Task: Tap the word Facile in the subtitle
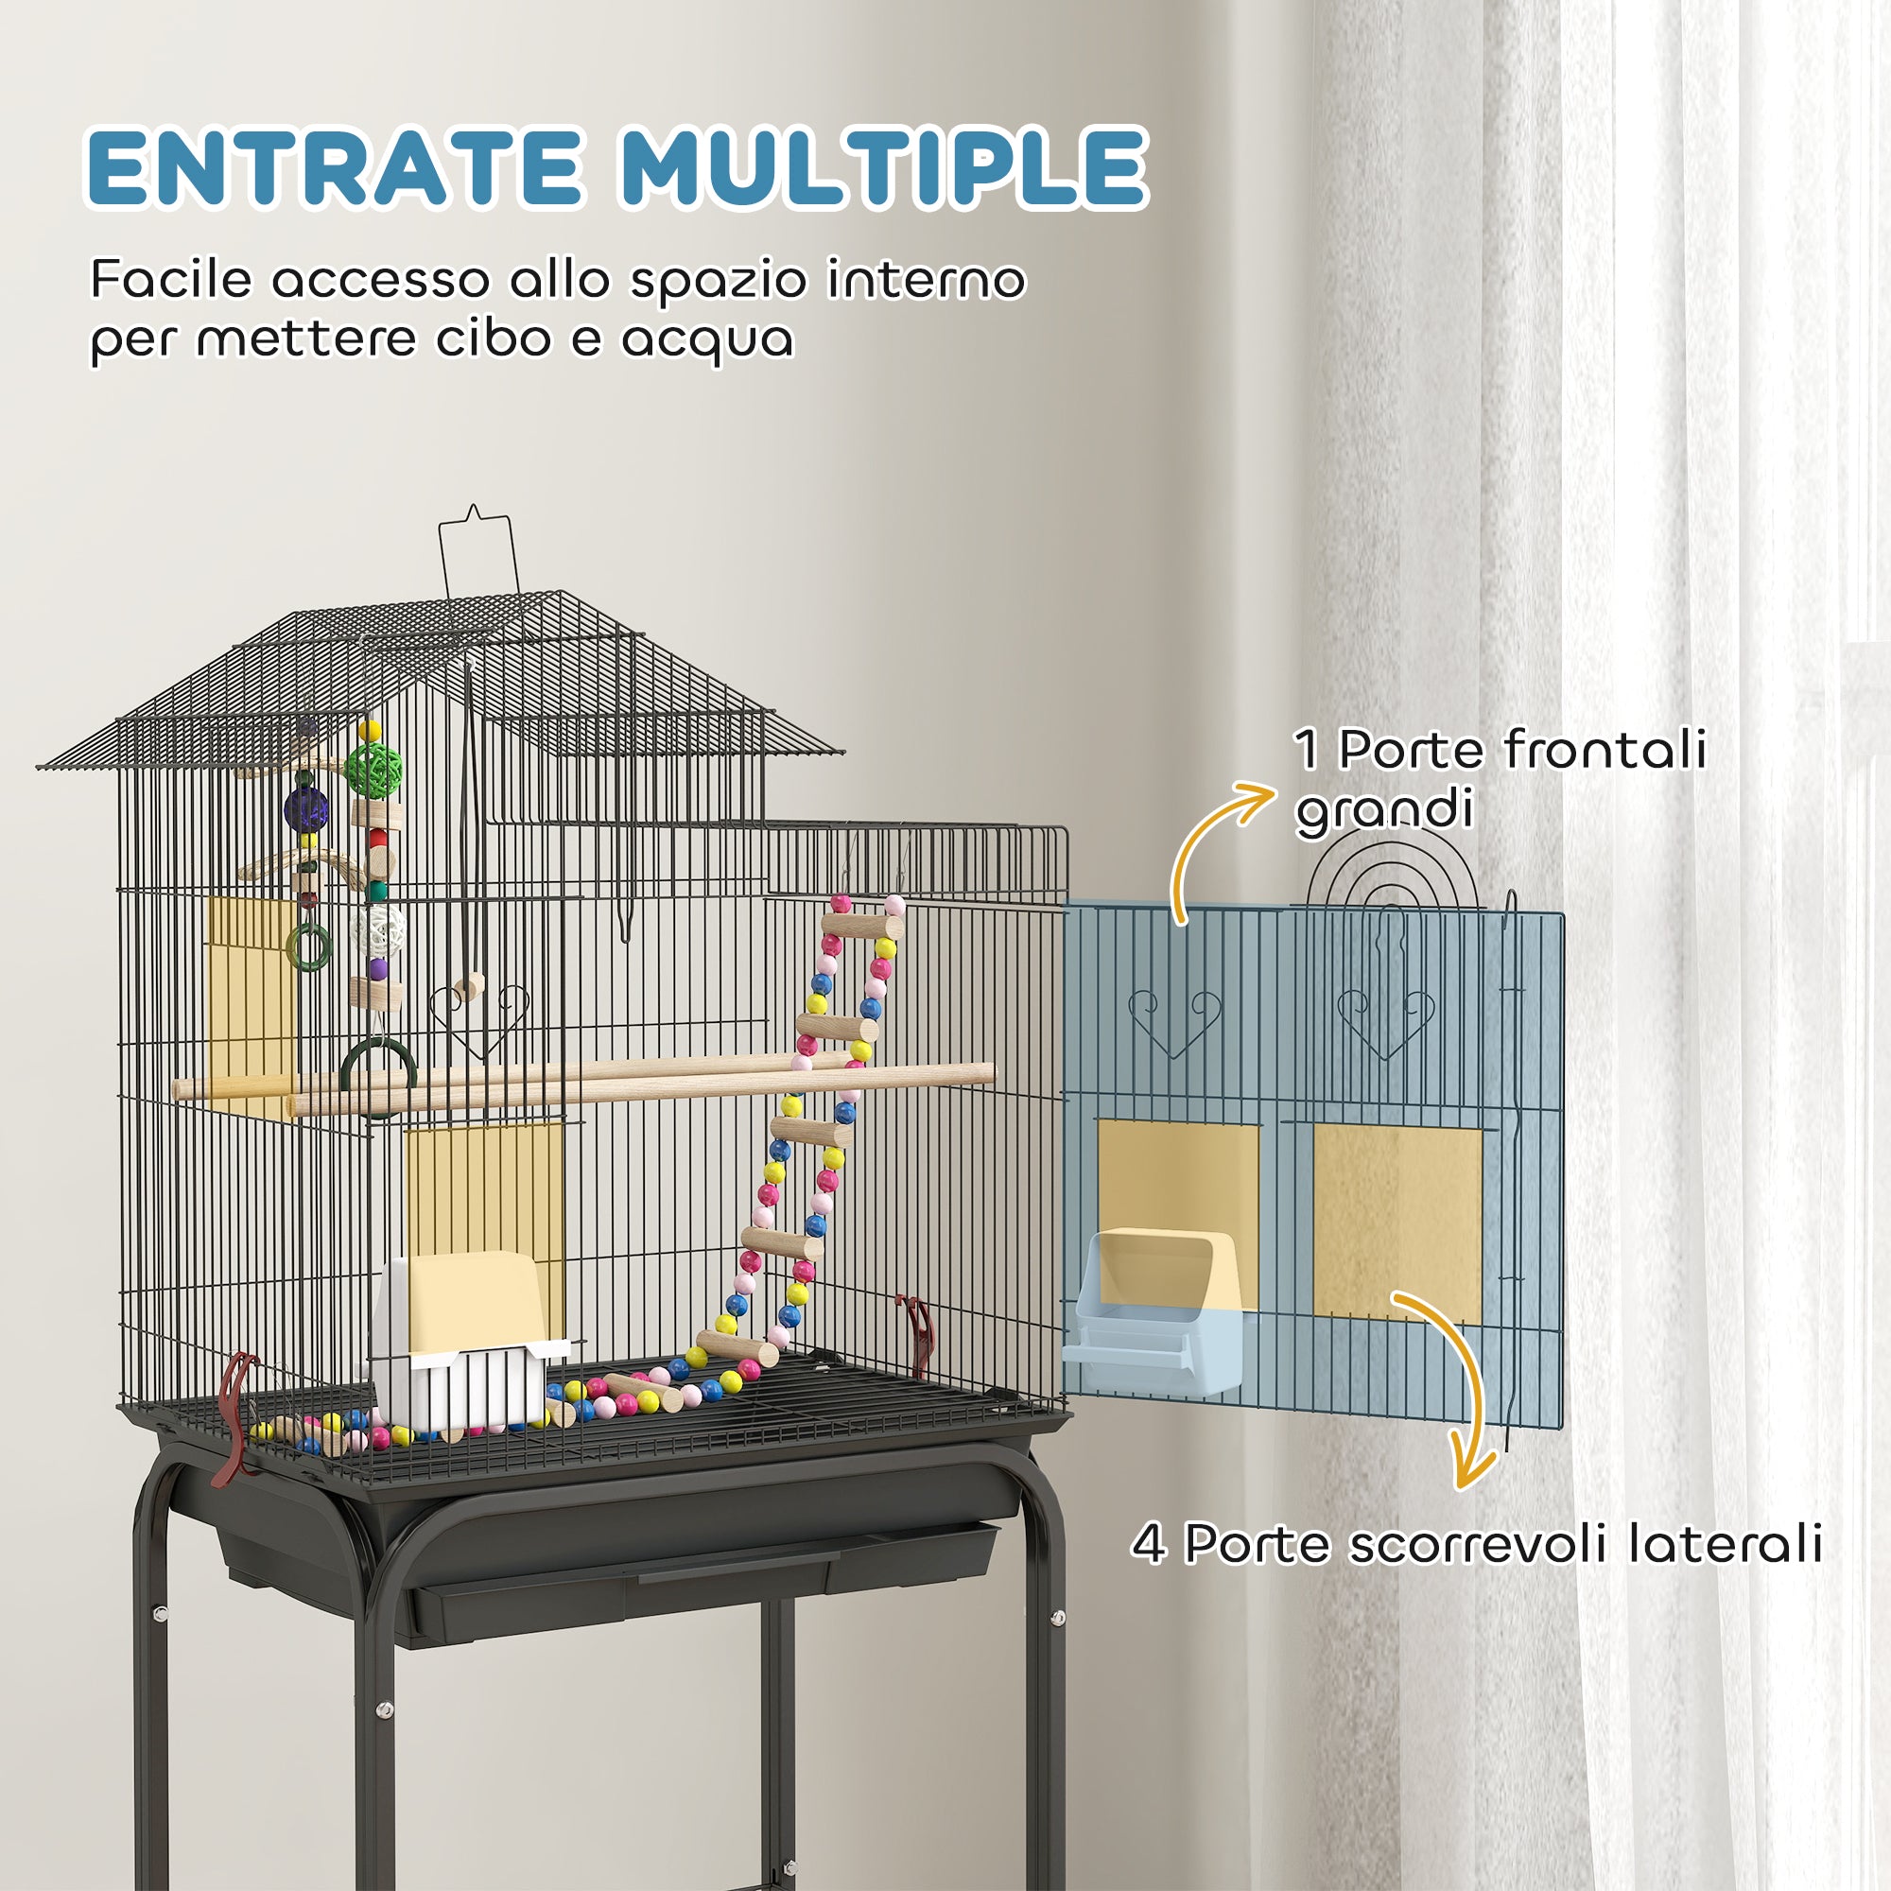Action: click(172, 280)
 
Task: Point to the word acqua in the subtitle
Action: click(706, 340)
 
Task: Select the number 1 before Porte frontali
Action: click(1306, 751)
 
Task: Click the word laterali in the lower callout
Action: click(1725, 1545)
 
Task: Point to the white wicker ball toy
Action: click(377, 928)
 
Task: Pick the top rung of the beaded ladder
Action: click(861, 925)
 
